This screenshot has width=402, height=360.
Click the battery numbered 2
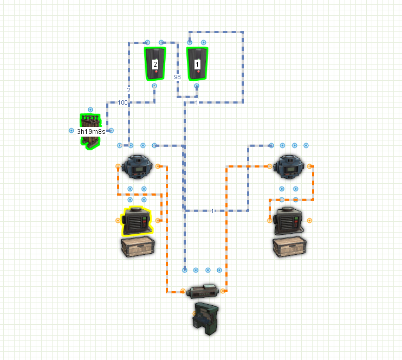click(155, 63)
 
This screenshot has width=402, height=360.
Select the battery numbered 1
click(197, 63)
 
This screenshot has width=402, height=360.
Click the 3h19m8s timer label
click(91, 132)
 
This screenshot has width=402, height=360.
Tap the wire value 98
click(177, 77)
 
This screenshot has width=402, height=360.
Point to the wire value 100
click(122, 102)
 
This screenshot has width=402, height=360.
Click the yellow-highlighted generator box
click(137, 221)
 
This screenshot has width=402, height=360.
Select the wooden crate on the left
click(138, 247)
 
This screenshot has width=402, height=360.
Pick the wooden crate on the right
click(289, 247)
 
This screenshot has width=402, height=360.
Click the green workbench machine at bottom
click(206, 318)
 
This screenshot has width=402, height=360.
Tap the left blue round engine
click(137, 167)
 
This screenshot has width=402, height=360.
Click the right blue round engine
click(289, 167)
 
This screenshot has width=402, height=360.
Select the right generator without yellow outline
click(289, 221)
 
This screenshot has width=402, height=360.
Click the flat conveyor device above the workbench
click(203, 291)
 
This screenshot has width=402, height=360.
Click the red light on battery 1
click(198, 72)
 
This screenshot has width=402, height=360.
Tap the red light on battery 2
click(156, 72)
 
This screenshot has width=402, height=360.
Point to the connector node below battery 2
click(154, 86)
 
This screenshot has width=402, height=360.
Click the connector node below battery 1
click(196, 86)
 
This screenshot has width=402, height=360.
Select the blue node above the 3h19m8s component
click(90, 110)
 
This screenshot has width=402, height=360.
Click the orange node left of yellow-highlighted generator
click(118, 221)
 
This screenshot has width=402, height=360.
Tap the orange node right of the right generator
click(309, 221)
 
